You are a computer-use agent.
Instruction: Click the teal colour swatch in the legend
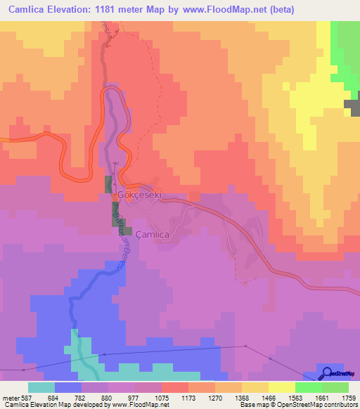click(x=41, y=388)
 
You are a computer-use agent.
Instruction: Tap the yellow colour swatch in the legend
click(x=281, y=388)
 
